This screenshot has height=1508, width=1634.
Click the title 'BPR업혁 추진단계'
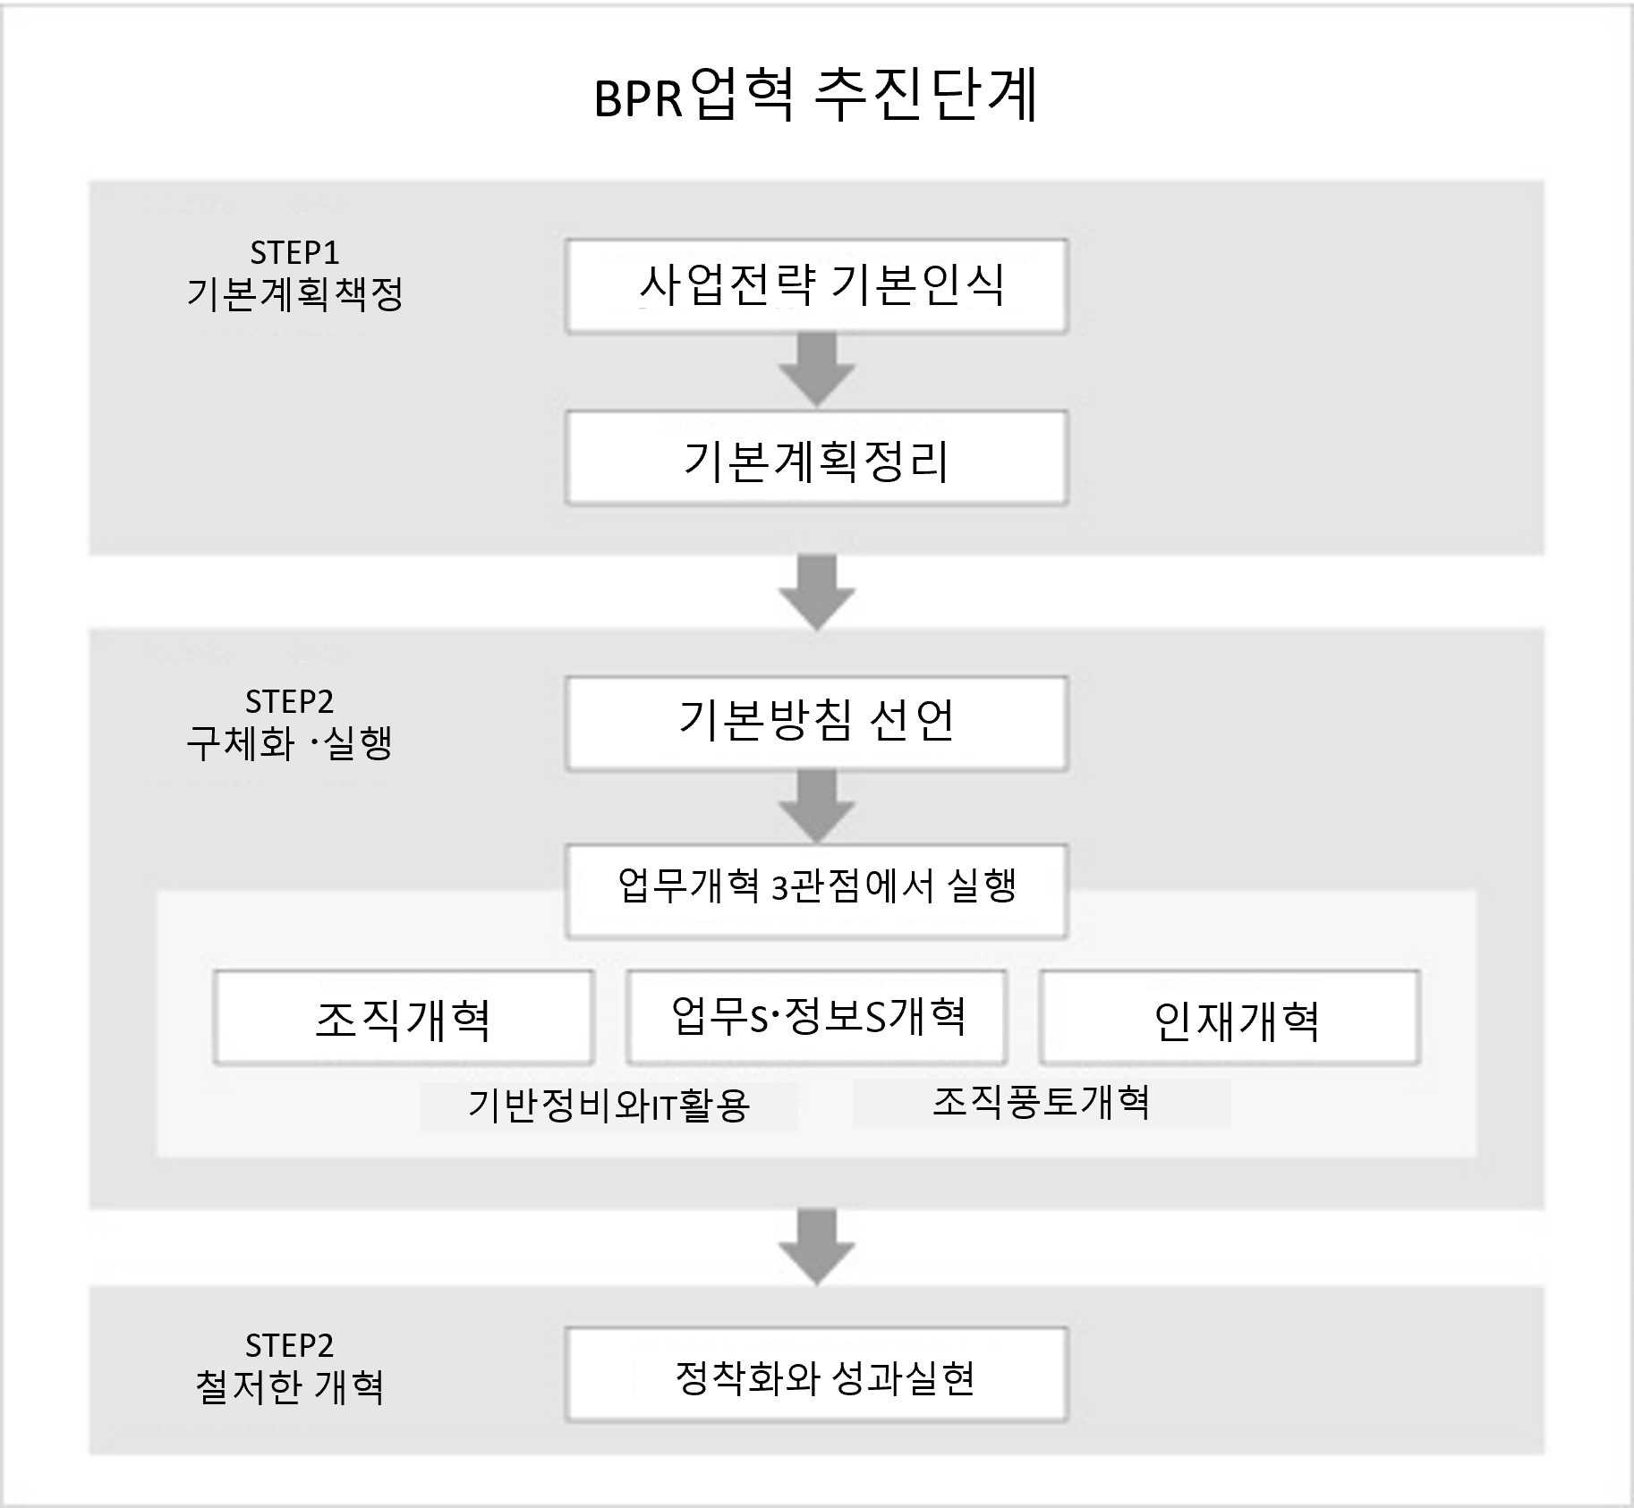[816, 96]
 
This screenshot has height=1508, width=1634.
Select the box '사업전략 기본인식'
[816, 286]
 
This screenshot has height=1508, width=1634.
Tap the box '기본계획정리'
[816, 458]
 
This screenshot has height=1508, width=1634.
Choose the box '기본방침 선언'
[816, 724]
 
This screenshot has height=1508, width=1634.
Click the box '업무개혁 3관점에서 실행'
[816, 891]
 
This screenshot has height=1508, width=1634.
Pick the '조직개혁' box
[404, 1018]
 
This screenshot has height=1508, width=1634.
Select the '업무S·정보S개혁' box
[816, 1018]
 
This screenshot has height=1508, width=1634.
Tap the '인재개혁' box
[1230, 1018]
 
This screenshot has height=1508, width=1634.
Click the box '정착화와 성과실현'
[816, 1375]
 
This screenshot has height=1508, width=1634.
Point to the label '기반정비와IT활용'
[608, 1106]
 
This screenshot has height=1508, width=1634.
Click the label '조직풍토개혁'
[1041, 1102]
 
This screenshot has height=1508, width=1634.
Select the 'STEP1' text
[294, 253]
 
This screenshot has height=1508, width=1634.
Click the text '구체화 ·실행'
[289, 743]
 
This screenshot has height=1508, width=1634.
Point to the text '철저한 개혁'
[289, 1387]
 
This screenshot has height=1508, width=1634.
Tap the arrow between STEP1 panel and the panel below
[816, 593]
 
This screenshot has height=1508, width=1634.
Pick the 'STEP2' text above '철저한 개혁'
[289, 1345]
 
